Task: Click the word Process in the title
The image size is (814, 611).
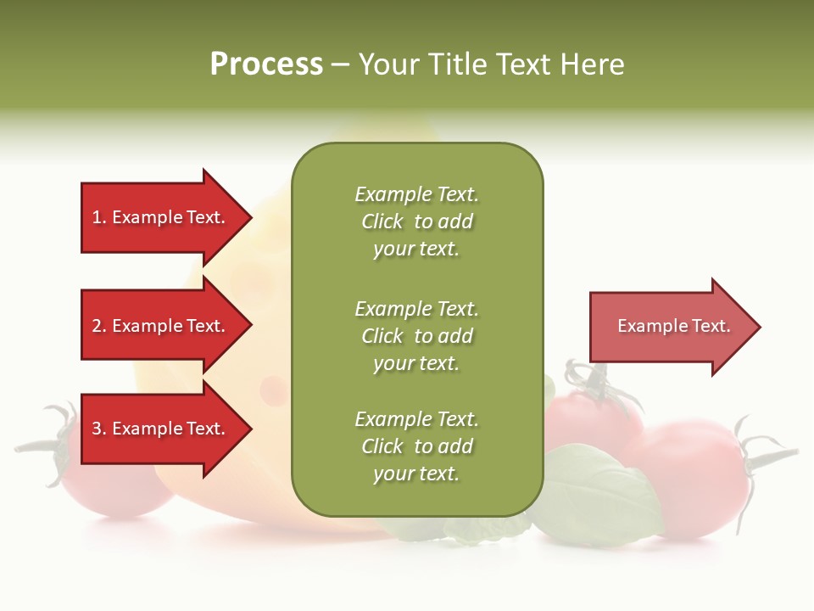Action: coord(266,64)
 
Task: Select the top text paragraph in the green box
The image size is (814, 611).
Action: coord(416,221)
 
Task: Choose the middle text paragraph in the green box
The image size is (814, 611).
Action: coord(416,336)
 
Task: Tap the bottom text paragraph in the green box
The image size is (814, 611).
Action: coord(416,446)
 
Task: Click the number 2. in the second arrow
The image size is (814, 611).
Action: coord(98,326)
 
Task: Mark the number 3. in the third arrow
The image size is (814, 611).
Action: coord(98,429)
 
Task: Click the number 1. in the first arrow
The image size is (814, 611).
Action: coord(98,217)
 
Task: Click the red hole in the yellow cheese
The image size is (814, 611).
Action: coord(273,390)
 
